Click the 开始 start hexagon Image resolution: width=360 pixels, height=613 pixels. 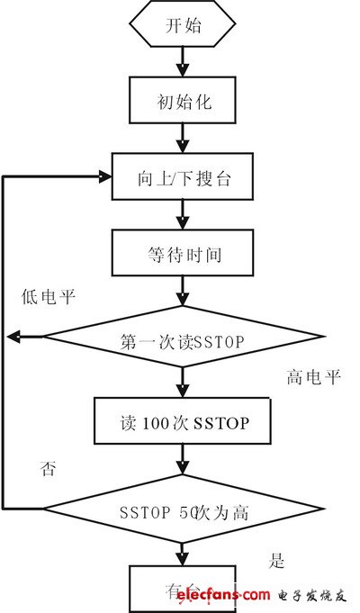[x=183, y=26]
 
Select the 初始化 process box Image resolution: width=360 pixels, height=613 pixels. [x=183, y=100]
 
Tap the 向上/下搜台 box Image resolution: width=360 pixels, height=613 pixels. [x=183, y=176]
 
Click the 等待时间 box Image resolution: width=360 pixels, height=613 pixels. [x=183, y=254]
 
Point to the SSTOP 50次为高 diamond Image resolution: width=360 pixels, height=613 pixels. [x=183, y=511]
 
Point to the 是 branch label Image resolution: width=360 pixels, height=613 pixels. [x=277, y=561]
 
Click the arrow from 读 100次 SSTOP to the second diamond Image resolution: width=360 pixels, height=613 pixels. [x=183, y=461]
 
